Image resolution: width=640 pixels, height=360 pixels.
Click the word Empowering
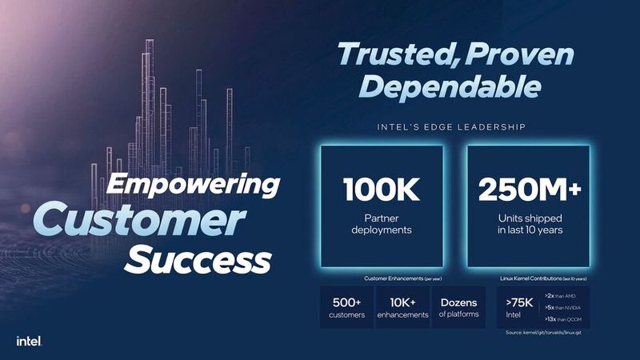(194, 185)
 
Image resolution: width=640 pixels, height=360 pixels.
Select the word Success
(200, 259)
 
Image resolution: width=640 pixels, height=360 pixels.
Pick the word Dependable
(453, 86)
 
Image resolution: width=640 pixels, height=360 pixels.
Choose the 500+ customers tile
(346, 308)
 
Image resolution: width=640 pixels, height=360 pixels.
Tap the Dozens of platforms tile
(458, 308)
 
